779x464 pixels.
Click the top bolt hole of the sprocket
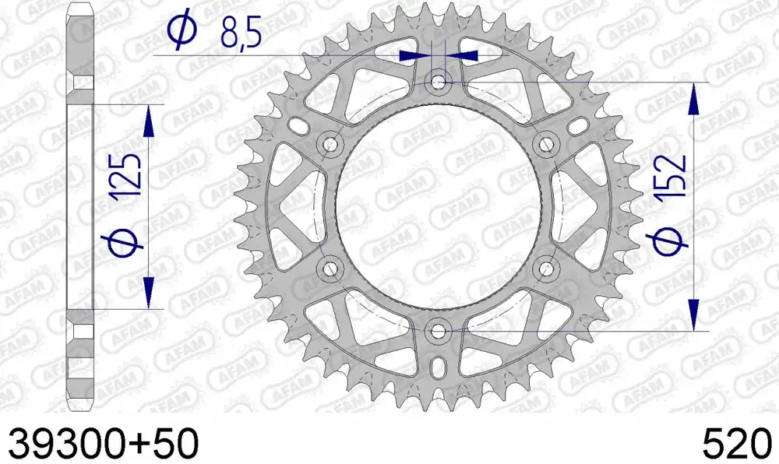point(438,82)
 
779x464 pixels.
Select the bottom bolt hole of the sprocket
point(438,331)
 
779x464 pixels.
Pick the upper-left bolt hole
point(330,144)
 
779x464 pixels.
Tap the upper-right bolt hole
point(546,144)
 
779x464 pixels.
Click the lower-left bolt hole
point(330,269)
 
